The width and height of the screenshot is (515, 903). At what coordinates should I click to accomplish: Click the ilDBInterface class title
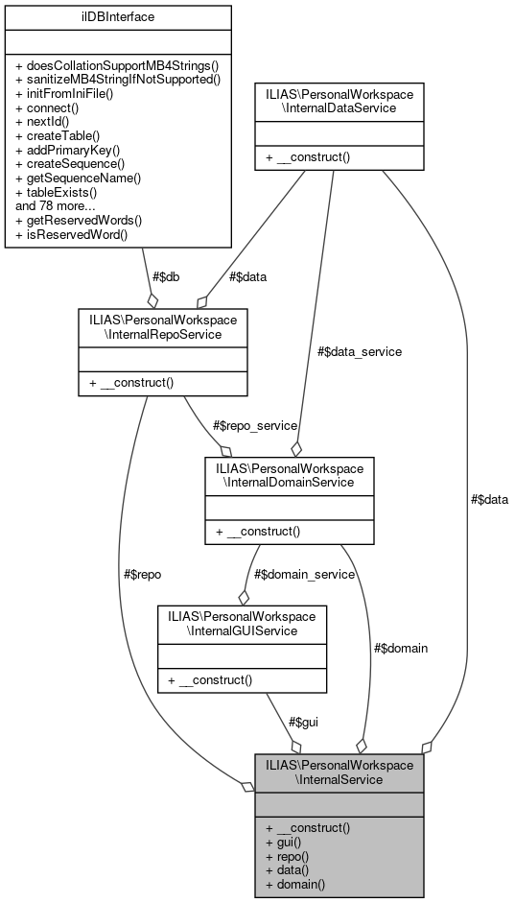click(x=118, y=16)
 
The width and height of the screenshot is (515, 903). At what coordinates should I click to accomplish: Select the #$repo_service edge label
click(x=255, y=425)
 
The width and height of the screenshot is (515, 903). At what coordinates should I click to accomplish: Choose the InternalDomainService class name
click(x=290, y=475)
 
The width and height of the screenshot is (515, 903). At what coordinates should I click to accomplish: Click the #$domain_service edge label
click(x=304, y=574)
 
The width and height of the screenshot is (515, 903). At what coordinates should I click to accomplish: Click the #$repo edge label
click(x=143, y=574)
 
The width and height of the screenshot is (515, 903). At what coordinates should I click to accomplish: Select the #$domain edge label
click(x=400, y=648)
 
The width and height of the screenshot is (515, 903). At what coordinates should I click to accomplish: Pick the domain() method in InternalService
click(x=296, y=883)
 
